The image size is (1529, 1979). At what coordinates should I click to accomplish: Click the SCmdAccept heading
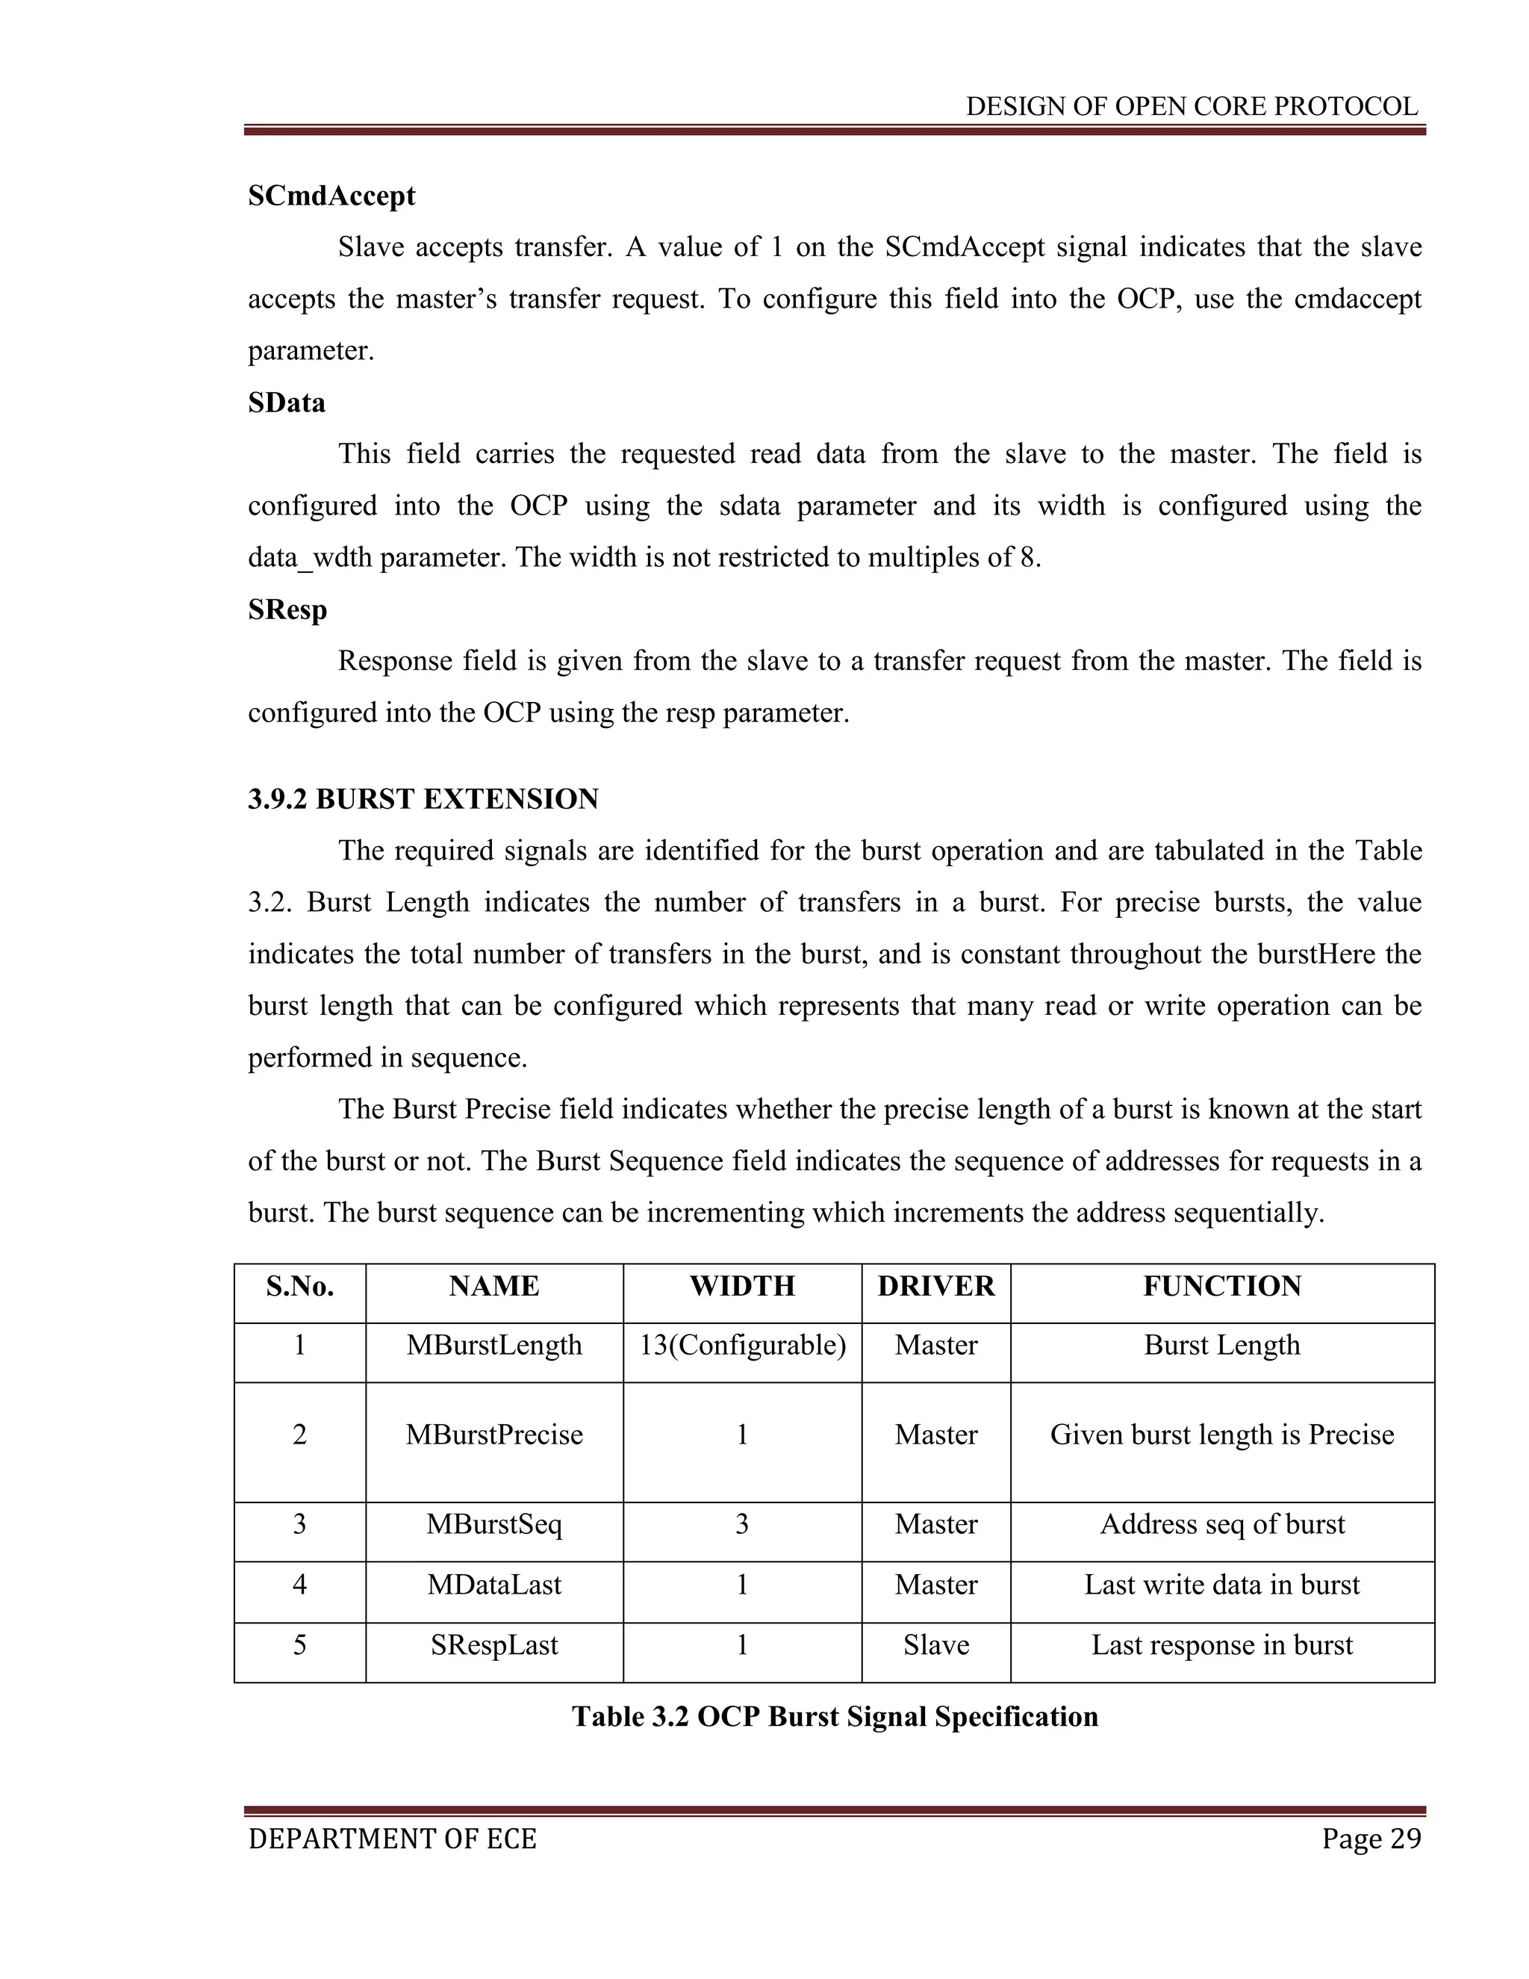(331, 196)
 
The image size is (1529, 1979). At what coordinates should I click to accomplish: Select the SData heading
(286, 403)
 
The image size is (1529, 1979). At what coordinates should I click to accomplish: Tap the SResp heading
(287, 610)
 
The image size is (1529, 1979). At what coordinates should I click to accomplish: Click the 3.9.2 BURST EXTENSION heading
(423, 799)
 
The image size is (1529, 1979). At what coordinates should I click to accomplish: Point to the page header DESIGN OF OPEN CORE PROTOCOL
(1191, 107)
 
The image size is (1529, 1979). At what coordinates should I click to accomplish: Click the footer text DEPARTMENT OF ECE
(392, 1839)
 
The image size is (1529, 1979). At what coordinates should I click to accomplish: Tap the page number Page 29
(1371, 1839)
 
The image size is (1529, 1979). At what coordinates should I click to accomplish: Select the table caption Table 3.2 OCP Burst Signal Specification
(834, 1716)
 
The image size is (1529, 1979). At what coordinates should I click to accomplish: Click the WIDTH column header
(742, 1286)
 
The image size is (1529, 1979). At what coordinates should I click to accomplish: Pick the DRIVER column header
(935, 1286)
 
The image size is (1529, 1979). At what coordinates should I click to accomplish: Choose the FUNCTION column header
(1222, 1286)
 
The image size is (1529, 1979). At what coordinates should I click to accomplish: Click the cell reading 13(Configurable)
(742, 1345)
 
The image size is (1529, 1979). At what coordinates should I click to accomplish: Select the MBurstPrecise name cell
(493, 1435)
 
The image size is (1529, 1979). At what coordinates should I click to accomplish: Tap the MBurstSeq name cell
(493, 1524)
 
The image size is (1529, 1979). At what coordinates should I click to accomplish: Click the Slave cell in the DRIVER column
(935, 1644)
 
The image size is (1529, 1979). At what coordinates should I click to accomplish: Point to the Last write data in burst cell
(1222, 1584)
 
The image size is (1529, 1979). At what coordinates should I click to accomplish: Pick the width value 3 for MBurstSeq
(742, 1524)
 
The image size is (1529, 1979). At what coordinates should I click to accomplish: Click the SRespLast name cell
(493, 1644)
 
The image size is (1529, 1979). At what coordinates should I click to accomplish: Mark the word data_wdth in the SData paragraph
(310, 558)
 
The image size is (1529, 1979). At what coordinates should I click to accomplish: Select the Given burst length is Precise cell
(1222, 1435)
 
